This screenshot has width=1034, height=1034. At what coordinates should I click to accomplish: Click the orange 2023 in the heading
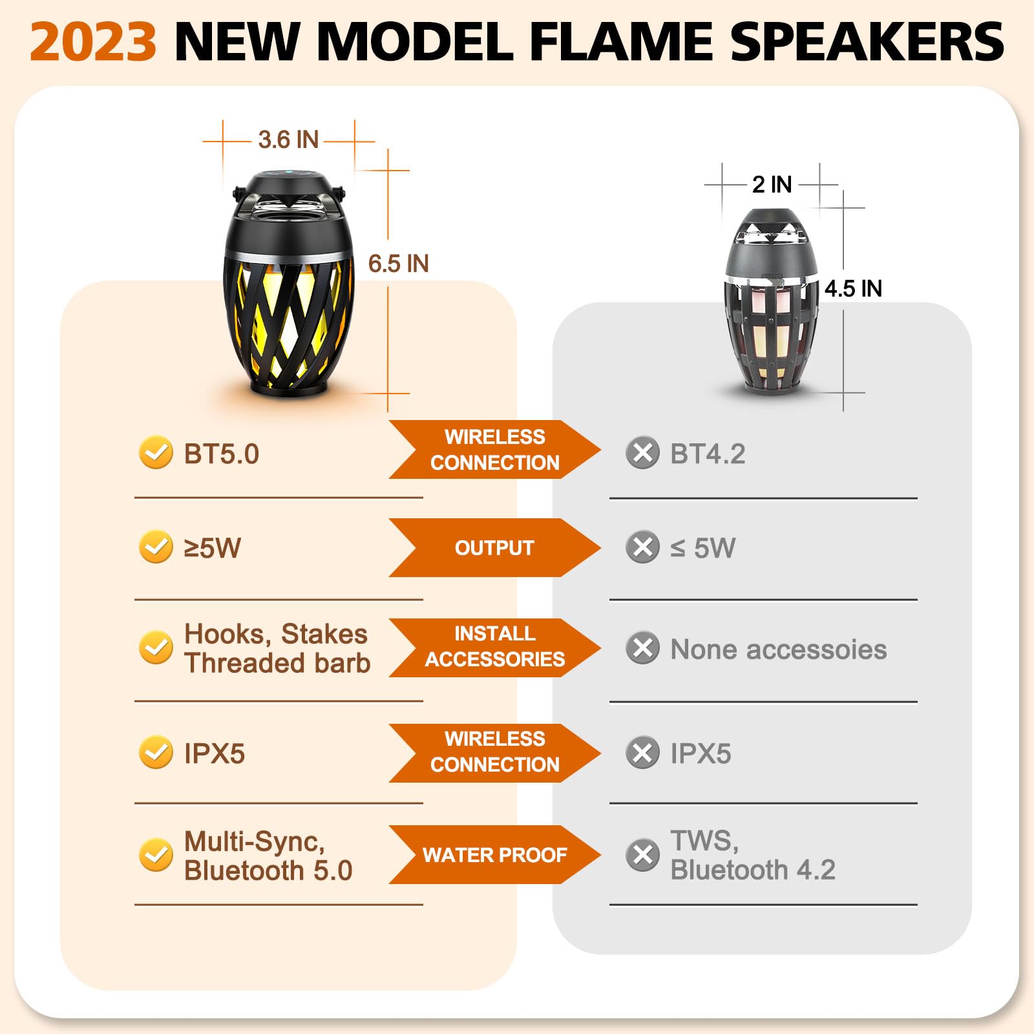(x=93, y=42)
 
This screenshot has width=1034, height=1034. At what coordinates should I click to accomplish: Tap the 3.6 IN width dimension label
(x=288, y=140)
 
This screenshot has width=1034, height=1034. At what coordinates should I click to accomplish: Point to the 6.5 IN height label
(x=398, y=264)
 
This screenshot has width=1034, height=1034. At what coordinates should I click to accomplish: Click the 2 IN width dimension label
(x=772, y=184)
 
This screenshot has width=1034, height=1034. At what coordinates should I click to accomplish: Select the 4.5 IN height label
(x=853, y=288)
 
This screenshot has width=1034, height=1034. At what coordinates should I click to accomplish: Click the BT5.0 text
(x=221, y=454)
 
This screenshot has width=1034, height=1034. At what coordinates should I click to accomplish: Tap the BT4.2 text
(x=708, y=454)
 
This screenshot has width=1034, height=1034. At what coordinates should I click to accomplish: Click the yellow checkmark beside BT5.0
(x=156, y=452)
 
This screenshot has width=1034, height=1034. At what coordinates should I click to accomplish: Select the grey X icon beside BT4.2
(x=642, y=452)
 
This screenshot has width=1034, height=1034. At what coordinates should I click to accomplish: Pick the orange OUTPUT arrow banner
(x=494, y=547)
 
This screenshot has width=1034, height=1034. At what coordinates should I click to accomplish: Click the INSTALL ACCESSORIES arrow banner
(x=494, y=647)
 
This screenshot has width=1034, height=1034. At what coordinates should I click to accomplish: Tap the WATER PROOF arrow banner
(x=494, y=854)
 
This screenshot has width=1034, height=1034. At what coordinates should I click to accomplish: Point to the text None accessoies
(x=778, y=649)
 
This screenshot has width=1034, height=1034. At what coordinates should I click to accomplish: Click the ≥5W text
(x=212, y=548)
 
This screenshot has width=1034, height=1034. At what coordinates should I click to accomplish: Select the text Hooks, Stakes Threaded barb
(x=277, y=648)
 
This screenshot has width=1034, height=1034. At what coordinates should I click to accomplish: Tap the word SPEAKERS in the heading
(x=867, y=42)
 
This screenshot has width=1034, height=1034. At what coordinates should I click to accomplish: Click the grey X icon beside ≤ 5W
(x=642, y=547)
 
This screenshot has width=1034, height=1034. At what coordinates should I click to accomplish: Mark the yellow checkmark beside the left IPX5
(x=156, y=752)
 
